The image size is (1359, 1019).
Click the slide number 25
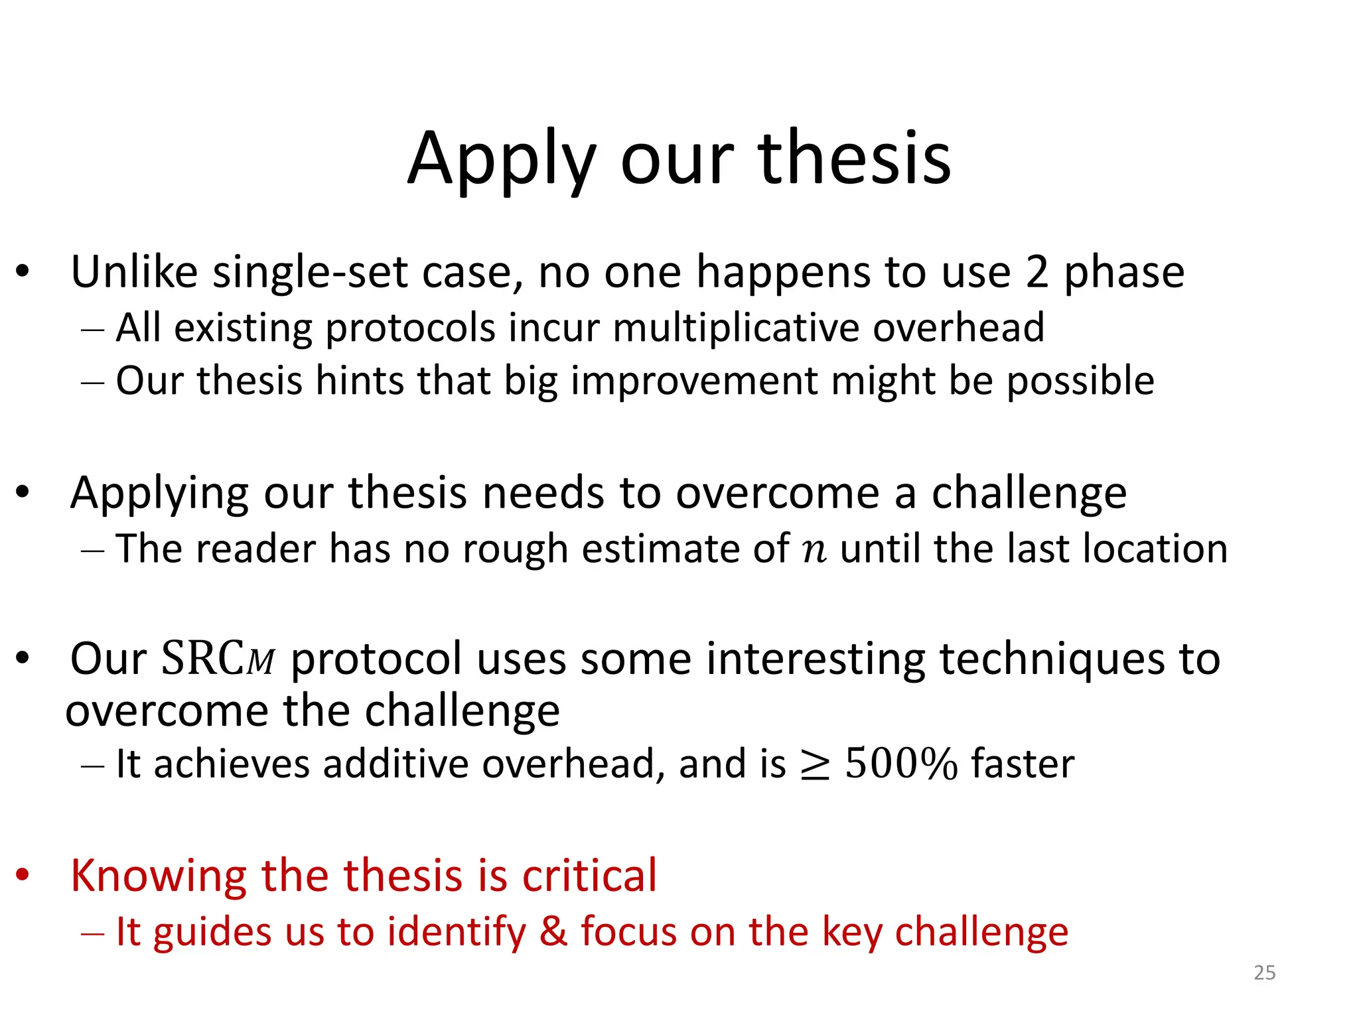1264,973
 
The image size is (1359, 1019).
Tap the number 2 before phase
1037,273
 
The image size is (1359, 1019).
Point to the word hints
359,381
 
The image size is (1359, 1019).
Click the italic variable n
814,550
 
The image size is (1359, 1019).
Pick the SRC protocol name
218,659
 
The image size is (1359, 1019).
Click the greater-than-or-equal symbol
815,766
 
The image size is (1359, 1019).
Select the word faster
1023,764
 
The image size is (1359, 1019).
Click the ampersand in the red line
553,931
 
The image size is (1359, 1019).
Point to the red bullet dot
23,875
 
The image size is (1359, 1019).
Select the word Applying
160,494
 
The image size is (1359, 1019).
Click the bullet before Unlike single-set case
23,271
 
